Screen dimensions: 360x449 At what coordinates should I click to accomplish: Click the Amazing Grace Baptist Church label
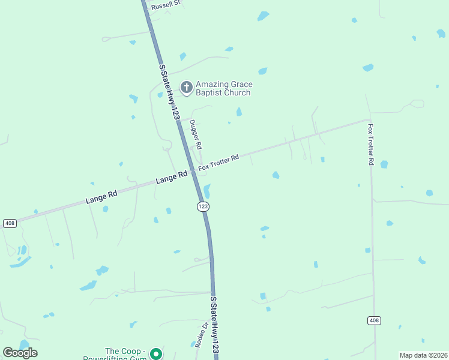(223, 88)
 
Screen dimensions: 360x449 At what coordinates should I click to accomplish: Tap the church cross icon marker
(187, 88)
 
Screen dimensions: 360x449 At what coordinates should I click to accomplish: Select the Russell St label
(166, 5)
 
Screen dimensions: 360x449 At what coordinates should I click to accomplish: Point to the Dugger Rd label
(196, 134)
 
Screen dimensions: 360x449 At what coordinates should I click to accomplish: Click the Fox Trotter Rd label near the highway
(219, 162)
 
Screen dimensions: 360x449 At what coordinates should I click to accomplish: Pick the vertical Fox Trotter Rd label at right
(372, 145)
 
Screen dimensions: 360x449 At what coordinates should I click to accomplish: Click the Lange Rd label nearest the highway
(171, 178)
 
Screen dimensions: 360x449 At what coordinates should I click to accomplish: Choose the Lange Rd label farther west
(101, 196)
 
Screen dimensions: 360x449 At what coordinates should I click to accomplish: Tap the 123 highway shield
(203, 206)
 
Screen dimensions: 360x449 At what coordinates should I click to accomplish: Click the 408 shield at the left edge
(9, 223)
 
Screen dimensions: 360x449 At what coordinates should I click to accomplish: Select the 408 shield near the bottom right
(374, 320)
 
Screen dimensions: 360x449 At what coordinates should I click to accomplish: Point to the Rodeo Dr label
(201, 335)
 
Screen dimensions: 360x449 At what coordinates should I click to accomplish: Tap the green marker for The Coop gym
(156, 354)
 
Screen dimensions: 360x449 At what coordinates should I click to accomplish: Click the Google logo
(20, 353)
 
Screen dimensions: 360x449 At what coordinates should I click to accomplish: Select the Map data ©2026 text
(424, 355)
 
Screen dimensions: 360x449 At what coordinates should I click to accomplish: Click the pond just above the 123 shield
(207, 191)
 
